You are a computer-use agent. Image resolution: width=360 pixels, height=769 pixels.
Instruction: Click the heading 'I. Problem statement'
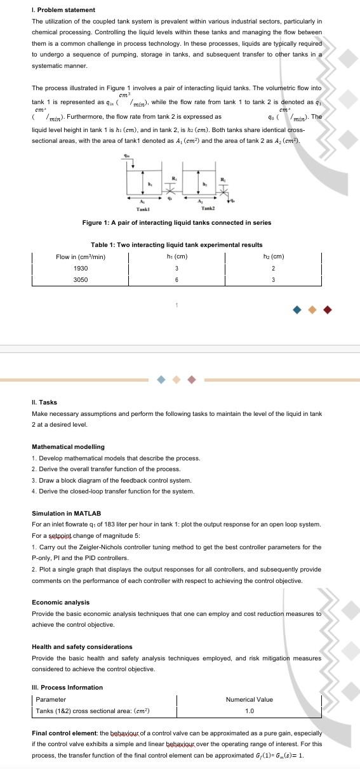(x=63, y=10)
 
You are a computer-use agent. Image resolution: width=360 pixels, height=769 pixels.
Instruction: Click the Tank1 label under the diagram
(x=143, y=208)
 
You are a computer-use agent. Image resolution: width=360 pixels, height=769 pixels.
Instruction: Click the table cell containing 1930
(x=81, y=269)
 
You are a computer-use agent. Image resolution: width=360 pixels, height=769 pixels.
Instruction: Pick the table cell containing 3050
(x=81, y=279)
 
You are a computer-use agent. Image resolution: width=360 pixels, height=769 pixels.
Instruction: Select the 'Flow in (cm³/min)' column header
(x=81, y=257)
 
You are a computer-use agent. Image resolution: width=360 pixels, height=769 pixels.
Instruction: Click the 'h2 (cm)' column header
(x=273, y=257)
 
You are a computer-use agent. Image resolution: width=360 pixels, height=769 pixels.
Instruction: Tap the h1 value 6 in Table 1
(x=177, y=279)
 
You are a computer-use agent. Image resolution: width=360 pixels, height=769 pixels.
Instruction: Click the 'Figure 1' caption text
(x=177, y=222)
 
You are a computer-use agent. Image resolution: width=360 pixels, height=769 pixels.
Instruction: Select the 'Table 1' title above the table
(x=177, y=244)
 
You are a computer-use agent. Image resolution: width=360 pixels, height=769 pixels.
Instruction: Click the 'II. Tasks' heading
(x=44, y=403)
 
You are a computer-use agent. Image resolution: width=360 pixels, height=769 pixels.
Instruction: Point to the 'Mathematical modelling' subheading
(x=68, y=447)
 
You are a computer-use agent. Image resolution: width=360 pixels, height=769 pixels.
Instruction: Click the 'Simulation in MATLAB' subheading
(x=67, y=513)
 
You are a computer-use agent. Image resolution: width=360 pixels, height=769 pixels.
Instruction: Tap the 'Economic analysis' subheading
(x=60, y=602)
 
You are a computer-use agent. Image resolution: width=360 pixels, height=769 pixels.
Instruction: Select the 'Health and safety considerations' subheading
(x=82, y=646)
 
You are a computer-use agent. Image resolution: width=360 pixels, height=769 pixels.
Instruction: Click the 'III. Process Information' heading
(x=67, y=687)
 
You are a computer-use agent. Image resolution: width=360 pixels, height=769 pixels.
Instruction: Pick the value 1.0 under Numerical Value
(x=250, y=711)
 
